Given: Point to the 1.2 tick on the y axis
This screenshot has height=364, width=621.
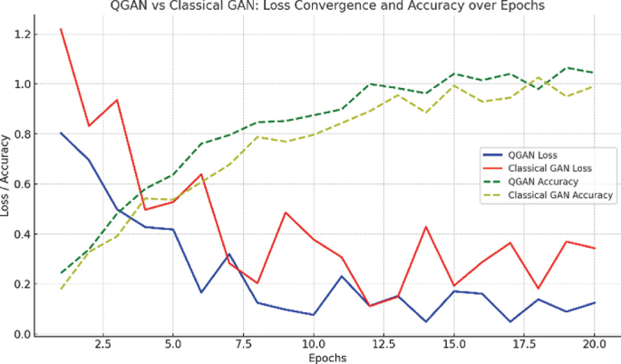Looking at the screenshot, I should pos(19,34).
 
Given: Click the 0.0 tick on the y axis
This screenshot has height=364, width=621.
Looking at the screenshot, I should pos(19,334).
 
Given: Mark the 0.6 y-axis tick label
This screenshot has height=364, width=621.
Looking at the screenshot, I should pos(19,184).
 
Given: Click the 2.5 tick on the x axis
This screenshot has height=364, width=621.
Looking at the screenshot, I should pos(102,345).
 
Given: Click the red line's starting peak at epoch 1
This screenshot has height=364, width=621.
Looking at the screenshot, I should pos(61,29).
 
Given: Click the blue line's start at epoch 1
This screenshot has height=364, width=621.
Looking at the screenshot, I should pos(61,133).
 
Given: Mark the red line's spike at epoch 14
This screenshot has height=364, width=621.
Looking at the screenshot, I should pos(425,227).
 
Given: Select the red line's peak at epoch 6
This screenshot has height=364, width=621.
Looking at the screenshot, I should pos(201,174).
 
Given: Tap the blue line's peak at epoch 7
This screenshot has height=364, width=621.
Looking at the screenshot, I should pos(229,254).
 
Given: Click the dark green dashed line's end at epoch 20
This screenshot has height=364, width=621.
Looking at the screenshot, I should pos(593,73).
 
